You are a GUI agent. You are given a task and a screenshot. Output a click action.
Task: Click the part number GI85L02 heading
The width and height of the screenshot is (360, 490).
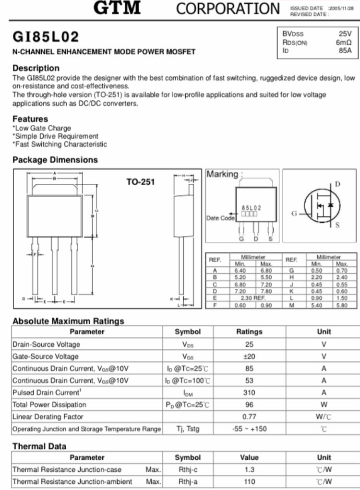[46, 36]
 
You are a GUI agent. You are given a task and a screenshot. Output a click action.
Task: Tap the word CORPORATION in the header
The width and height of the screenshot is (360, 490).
[228, 9]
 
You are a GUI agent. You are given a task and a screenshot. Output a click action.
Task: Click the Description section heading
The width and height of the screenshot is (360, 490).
[36, 68]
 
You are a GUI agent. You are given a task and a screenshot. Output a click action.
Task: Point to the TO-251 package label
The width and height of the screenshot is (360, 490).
[141, 182]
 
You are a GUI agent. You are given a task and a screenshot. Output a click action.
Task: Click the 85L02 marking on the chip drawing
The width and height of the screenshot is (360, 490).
[252, 208]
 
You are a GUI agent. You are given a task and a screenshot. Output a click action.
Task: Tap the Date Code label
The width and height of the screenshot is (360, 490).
[220, 218]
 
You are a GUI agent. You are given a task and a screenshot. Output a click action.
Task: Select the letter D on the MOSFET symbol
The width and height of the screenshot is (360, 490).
[337, 184]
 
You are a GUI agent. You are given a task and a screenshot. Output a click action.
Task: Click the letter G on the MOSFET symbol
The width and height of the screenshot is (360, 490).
[294, 214]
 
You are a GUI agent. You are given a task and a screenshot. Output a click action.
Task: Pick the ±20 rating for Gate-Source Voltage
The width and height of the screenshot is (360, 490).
[249, 357]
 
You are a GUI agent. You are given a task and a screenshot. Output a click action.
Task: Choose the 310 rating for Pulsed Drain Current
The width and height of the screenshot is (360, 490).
[249, 393]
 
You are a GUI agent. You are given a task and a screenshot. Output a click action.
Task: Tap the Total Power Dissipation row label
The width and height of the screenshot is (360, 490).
[49, 405]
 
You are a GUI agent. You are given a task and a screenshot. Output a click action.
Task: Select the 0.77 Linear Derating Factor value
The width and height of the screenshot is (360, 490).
[249, 417]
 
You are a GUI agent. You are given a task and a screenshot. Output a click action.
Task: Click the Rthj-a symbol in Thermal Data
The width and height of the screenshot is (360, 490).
[188, 481]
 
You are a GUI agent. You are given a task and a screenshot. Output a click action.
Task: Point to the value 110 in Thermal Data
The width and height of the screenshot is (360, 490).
[249, 481]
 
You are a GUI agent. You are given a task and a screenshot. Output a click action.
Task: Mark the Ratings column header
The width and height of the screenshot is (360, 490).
[249, 332]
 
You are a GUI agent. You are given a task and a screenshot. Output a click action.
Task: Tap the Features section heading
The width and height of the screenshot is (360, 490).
[30, 119]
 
